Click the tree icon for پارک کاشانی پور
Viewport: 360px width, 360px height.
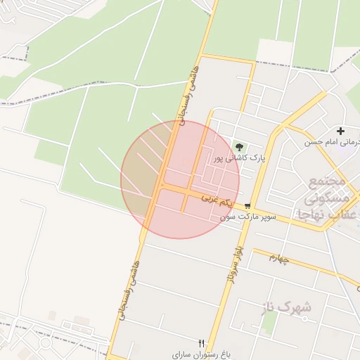[240, 147]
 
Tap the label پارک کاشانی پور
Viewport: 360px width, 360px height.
[240, 159]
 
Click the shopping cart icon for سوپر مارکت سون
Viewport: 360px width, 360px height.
[247, 206]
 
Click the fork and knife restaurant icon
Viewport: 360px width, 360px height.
[202, 343]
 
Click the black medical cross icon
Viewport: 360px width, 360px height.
[341, 131]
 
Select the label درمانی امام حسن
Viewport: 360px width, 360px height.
[332, 142]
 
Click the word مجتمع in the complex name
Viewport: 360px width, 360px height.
[328, 181]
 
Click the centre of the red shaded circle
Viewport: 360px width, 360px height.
[180, 179]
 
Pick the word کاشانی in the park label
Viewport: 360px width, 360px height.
[237, 159]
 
